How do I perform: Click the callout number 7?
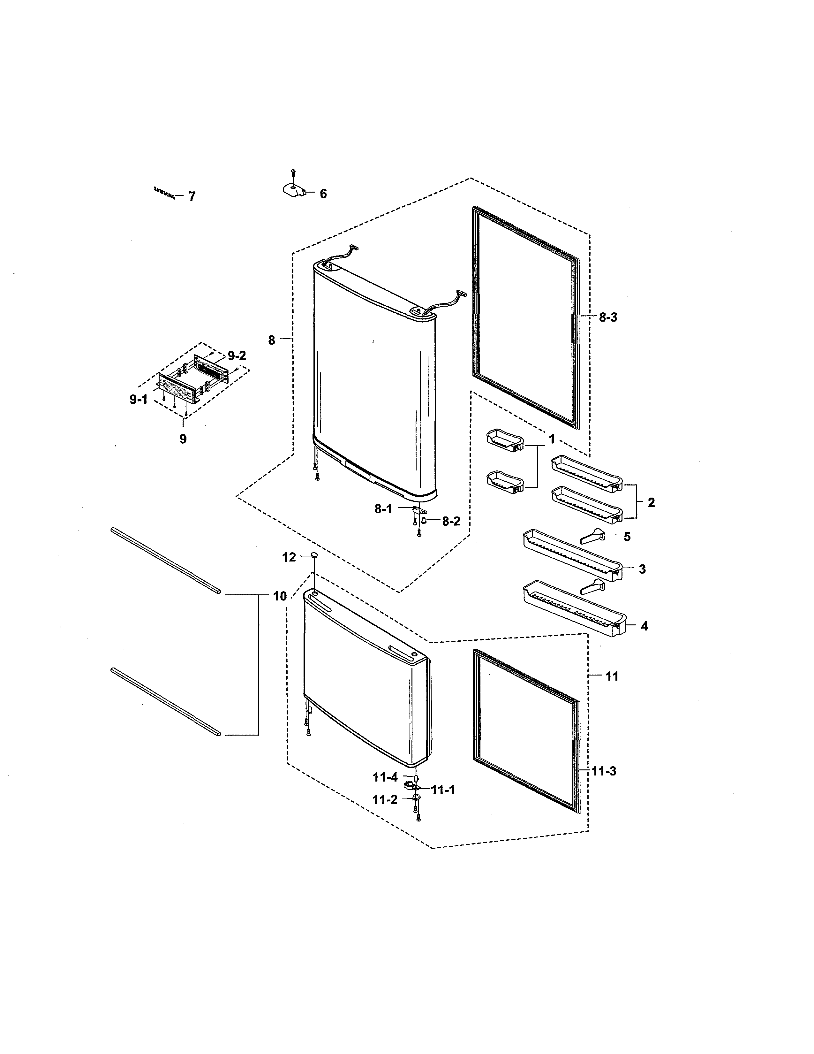click(x=192, y=196)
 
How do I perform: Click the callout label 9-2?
click(x=237, y=356)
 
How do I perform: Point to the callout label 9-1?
click(x=139, y=400)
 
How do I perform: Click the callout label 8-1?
click(x=383, y=509)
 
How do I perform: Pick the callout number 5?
click(x=627, y=537)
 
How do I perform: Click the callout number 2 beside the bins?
click(x=651, y=502)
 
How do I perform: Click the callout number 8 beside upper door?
click(x=272, y=340)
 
